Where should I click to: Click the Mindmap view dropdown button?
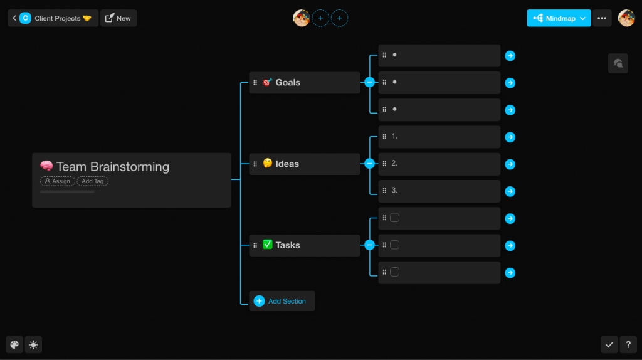tap(559, 18)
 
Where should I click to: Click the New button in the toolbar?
tap(118, 18)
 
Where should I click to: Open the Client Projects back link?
tap(51, 18)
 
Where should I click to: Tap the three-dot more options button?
tap(602, 18)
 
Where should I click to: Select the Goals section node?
tap(305, 83)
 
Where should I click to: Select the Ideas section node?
tap(305, 164)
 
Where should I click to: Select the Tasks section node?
tap(305, 246)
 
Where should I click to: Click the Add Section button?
tap(282, 301)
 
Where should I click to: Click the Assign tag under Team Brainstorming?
tap(58, 181)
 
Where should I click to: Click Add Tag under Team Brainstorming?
tap(93, 181)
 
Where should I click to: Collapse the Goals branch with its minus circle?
tap(369, 82)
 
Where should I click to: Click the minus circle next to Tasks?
tap(369, 245)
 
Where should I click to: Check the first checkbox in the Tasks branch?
tap(394, 218)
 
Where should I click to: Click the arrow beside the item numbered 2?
tap(510, 164)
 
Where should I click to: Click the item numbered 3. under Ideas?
tap(439, 191)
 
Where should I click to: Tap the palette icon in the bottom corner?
tap(14, 344)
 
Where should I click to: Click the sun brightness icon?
tap(33, 344)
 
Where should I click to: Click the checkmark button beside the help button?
tap(609, 344)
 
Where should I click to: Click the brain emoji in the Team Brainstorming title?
tap(46, 166)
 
